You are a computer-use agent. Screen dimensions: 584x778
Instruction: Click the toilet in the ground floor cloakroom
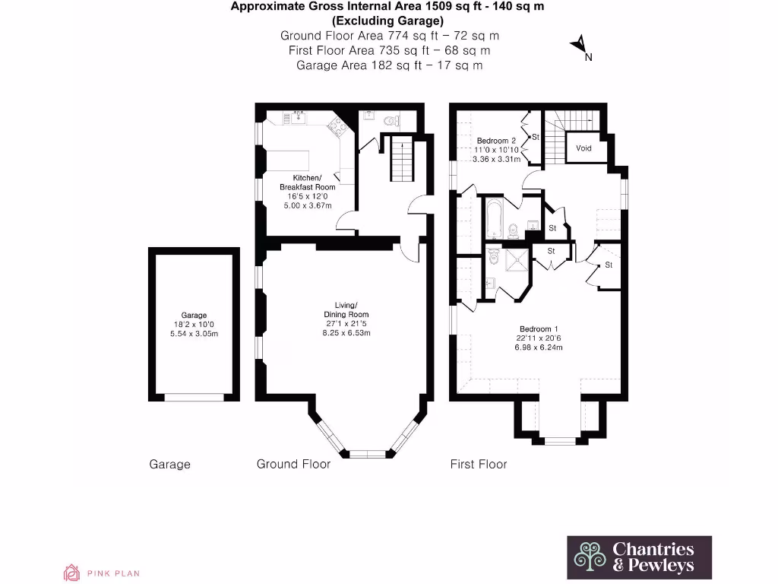(x=391, y=119)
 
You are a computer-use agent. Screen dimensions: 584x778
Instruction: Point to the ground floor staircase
(x=400, y=159)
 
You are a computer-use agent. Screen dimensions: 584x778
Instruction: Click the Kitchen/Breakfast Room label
(x=308, y=182)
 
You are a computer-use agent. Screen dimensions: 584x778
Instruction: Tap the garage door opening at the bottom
(x=194, y=396)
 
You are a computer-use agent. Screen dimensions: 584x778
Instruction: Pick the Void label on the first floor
(x=583, y=148)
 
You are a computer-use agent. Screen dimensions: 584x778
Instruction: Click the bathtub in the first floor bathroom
(x=494, y=218)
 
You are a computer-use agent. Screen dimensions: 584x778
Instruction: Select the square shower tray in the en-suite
(x=516, y=261)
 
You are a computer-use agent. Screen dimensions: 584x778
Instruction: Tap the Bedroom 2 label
(x=496, y=141)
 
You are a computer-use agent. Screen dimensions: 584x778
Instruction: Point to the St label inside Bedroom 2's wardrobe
(x=535, y=137)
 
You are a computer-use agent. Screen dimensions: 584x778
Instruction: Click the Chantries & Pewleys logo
(x=640, y=557)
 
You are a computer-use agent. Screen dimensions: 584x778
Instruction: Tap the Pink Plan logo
(x=101, y=573)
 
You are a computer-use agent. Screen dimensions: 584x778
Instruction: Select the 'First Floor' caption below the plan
(x=478, y=464)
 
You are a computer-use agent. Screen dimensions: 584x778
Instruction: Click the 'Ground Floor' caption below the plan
(x=293, y=464)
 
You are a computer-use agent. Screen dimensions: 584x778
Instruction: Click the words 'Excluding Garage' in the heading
(x=387, y=21)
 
